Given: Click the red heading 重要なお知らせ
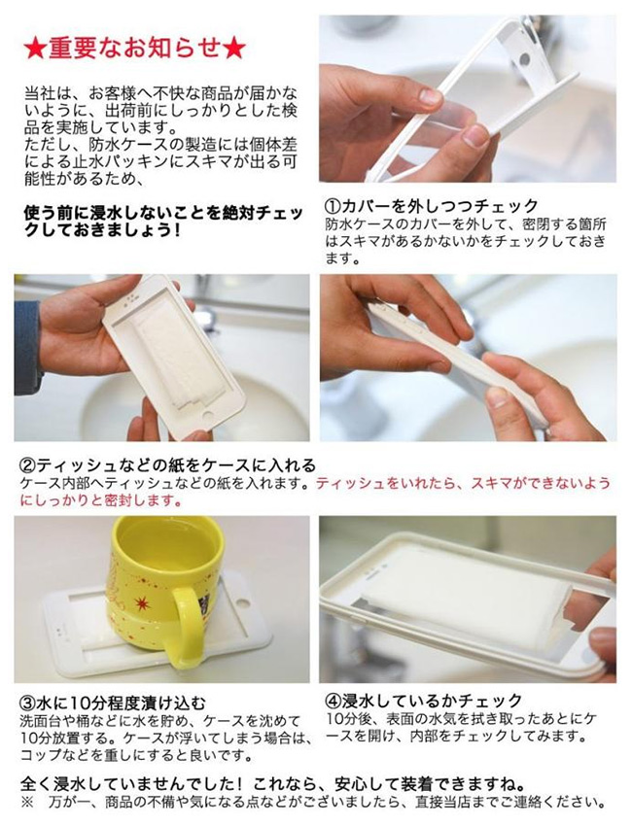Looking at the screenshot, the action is coord(135,49).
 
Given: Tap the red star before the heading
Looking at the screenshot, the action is coord(36,49).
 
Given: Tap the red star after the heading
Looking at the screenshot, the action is coord(233,49).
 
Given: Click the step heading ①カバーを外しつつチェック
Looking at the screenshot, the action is coord(432,205).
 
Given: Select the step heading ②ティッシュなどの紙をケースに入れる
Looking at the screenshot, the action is coord(167,465).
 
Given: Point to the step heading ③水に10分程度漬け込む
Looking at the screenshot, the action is coord(112,703).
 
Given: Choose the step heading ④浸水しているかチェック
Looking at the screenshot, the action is coord(424,701).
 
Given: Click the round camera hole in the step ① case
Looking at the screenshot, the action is coord(524,58).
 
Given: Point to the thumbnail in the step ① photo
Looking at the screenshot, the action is coord(431,96).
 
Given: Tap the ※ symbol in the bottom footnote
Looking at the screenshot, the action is coord(27,803).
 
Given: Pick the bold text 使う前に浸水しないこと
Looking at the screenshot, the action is coord(110,214).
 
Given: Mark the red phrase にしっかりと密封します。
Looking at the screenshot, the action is coord(101,499).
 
